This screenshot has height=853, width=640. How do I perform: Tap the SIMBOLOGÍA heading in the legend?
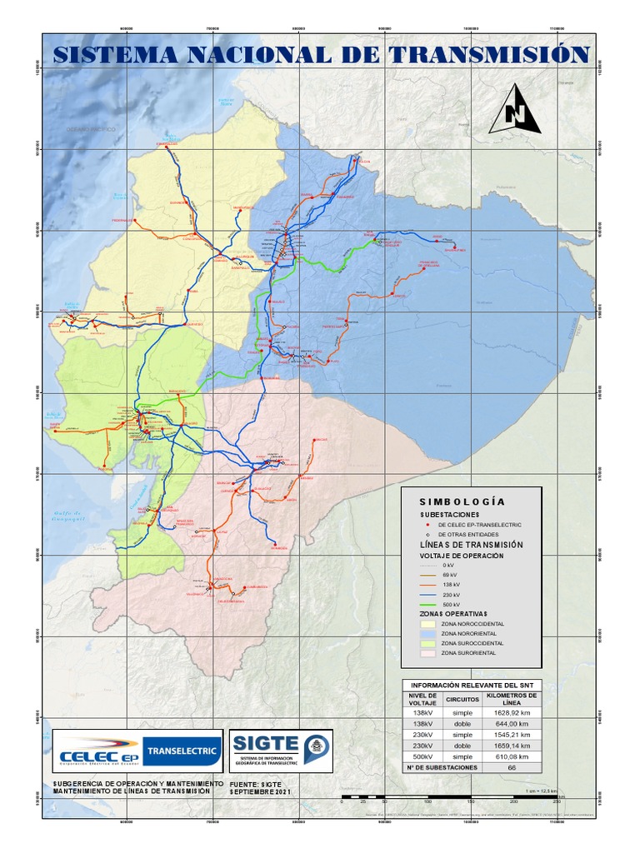pos(462,502)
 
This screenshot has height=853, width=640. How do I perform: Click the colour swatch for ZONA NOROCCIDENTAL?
pos(427,623)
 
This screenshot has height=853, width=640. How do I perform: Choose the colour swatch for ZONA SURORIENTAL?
pos(427,654)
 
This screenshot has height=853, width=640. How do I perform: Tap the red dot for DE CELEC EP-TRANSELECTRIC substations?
pos(427,525)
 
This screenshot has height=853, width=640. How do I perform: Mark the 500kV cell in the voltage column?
pos(422,756)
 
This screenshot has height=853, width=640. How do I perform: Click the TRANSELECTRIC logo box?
pos(182,751)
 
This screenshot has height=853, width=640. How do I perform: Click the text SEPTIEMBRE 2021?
pos(262,792)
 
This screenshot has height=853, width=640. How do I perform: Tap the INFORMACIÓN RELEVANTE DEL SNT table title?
pos(472,685)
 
